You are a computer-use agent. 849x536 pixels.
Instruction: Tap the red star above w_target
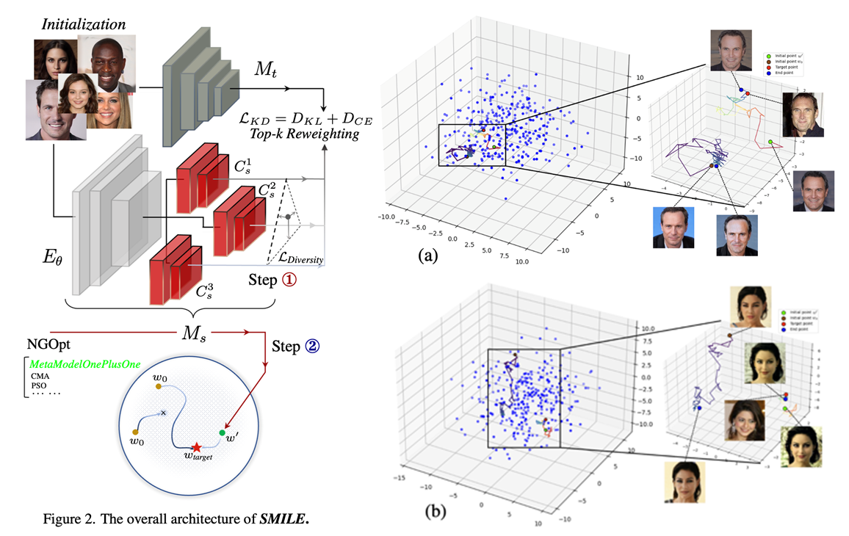196,446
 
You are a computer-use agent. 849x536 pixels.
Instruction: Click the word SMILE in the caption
281,522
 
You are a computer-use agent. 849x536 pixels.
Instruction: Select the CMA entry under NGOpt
39,375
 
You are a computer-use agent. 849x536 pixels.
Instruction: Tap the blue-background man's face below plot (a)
674,228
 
